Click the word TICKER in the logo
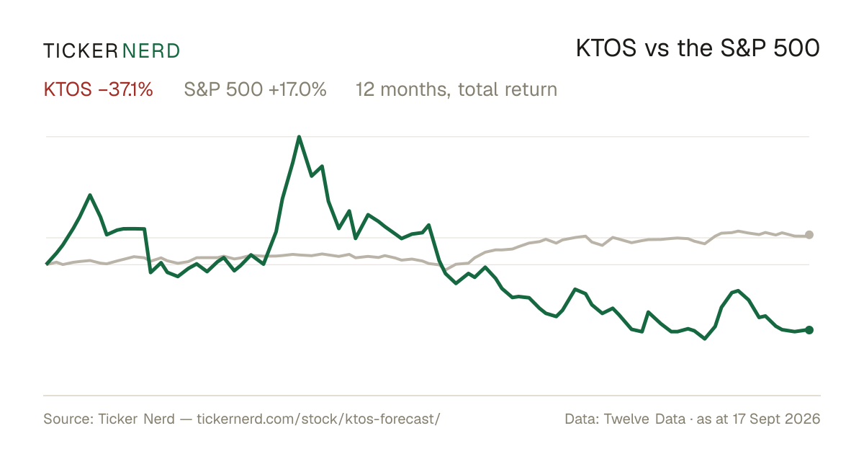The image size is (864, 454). [x=81, y=51]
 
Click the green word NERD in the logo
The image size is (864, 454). [x=150, y=51]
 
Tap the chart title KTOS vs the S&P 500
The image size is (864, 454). [x=698, y=48]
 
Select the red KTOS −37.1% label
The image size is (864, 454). [x=99, y=89]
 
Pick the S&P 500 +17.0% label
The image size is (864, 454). [x=255, y=89]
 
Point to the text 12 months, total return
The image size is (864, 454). [x=456, y=90]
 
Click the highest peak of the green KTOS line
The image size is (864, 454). [x=299, y=137]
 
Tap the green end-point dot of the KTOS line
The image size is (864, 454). [x=809, y=330]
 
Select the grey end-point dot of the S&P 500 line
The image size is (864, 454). [x=809, y=235]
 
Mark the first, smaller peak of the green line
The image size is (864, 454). [x=90, y=195]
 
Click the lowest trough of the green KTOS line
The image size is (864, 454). [x=705, y=339]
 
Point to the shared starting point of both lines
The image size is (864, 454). [x=47, y=264]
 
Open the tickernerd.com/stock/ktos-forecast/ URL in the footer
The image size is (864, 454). [x=318, y=419]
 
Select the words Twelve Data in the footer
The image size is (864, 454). [x=644, y=419]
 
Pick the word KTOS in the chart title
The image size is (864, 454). [x=606, y=48]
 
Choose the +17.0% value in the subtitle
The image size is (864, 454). [x=297, y=89]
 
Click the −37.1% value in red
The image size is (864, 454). [x=126, y=89]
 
